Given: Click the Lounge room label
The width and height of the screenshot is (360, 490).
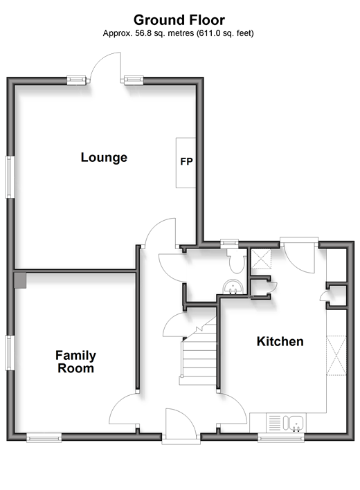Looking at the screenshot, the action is [104, 157].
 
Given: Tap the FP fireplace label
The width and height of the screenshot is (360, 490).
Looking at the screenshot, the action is [186, 161].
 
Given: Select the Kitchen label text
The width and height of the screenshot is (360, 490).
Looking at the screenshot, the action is [280, 341].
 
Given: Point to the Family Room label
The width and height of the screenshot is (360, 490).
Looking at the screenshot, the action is [75, 362].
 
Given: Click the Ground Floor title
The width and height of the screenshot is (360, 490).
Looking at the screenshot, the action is [179, 20].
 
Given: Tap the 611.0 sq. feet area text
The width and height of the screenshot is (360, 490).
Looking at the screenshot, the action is [225, 33].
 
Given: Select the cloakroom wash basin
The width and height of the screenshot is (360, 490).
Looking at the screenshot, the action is [233, 287].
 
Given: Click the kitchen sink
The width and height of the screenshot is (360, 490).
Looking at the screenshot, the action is [296, 423].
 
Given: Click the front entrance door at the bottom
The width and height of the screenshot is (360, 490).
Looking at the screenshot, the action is [181, 426].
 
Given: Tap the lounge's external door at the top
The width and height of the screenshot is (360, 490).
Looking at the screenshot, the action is [105, 68].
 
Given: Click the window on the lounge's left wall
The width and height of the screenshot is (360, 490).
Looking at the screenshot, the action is [10, 176].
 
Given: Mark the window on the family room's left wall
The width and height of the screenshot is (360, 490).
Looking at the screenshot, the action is [10, 353].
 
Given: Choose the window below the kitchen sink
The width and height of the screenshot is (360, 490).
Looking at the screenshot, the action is [280, 439].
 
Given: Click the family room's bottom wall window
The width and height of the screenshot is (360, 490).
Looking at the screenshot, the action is [44, 438].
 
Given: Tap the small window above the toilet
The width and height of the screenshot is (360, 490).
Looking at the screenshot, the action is [229, 244].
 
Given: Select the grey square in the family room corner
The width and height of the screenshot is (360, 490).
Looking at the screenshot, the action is [19, 280].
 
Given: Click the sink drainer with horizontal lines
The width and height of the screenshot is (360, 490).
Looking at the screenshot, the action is [274, 423].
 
